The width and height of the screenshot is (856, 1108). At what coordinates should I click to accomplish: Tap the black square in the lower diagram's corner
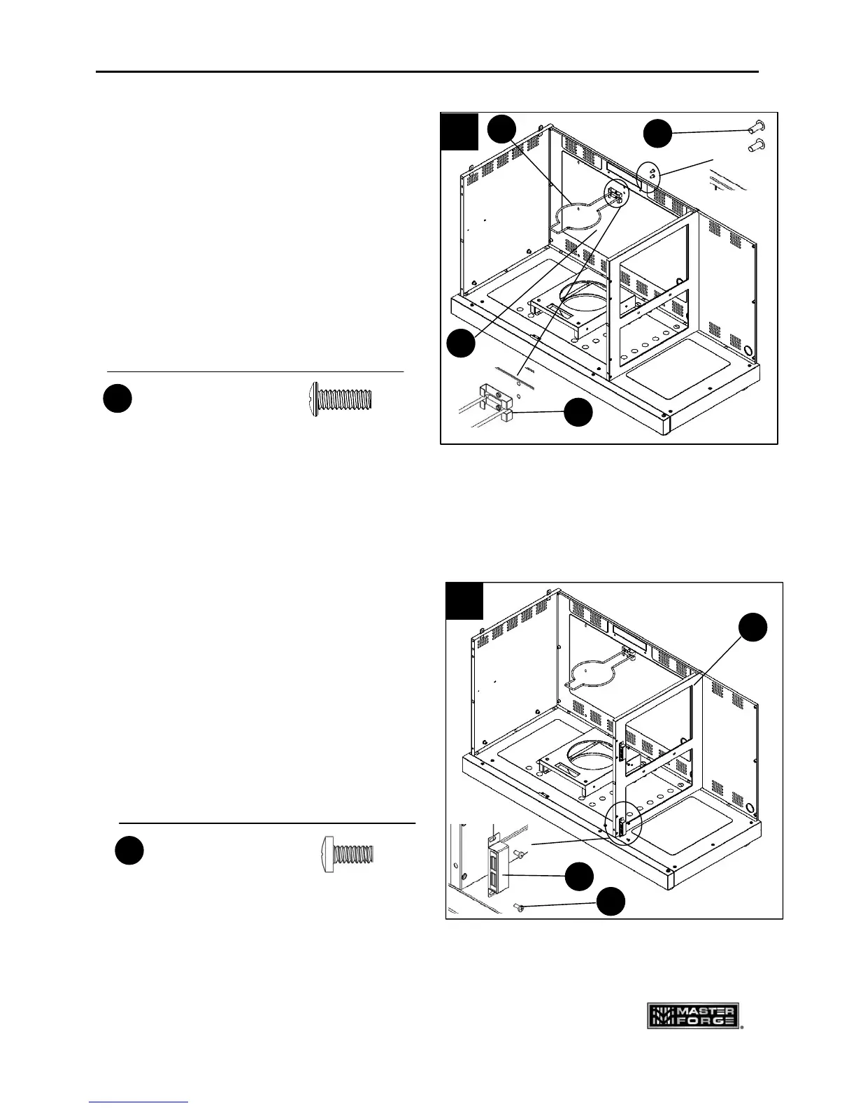click(x=464, y=601)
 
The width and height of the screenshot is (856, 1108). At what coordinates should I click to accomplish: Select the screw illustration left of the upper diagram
click(x=342, y=399)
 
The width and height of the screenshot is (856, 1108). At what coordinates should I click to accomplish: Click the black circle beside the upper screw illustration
click(x=117, y=399)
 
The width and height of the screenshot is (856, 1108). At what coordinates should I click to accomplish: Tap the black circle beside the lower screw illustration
click(x=129, y=850)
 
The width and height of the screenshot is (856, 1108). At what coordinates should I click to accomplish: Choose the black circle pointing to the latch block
click(x=580, y=876)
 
